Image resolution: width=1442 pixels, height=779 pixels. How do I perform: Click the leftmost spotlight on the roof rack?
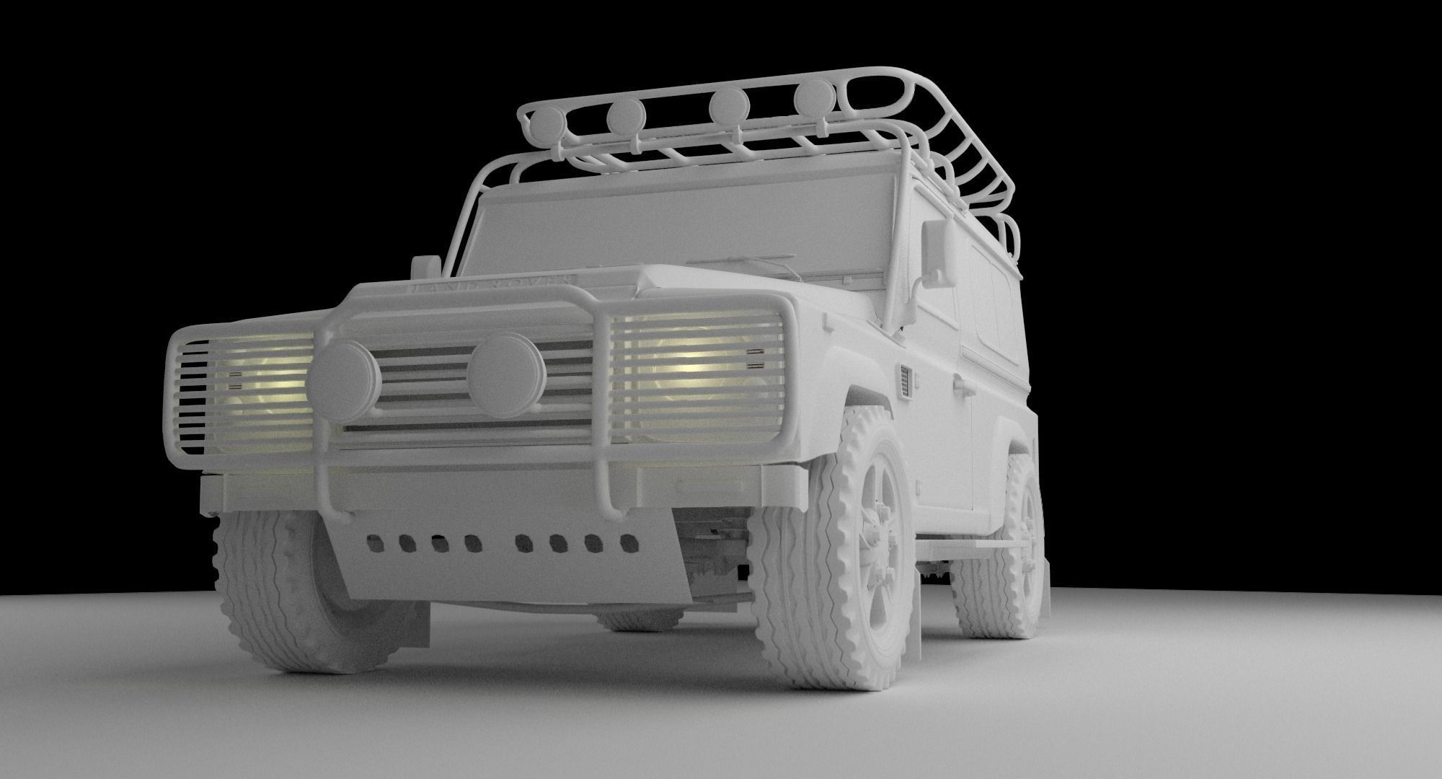click(x=551, y=123)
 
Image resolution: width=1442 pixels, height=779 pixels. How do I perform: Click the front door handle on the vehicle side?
click(x=962, y=389)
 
